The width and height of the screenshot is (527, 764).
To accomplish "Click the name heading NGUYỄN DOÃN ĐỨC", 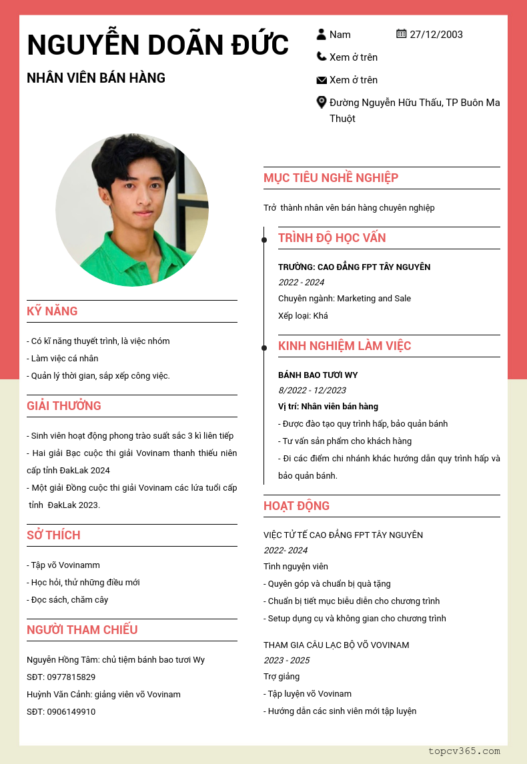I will click(x=158, y=45).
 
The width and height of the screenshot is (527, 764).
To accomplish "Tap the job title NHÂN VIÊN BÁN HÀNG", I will click(x=96, y=78).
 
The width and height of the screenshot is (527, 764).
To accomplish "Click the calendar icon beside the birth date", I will click(x=401, y=33).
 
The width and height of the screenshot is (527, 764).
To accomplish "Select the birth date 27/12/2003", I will click(x=436, y=35).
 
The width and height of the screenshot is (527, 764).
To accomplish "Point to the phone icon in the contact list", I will click(x=322, y=57).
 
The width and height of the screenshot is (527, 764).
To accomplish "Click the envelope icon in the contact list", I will click(x=322, y=80).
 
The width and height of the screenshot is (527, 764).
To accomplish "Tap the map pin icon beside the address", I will click(x=322, y=102).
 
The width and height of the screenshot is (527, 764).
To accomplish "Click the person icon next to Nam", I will click(x=322, y=34).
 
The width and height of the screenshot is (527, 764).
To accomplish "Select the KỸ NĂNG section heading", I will click(x=52, y=311).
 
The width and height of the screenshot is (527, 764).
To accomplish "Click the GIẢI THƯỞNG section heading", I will click(x=64, y=406).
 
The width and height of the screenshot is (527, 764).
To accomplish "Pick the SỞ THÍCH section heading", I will click(x=53, y=535).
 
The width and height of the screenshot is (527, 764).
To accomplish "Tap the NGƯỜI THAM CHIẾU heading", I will click(x=82, y=630).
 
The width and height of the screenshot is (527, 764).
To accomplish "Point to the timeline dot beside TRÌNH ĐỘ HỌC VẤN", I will click(x=264, y=239).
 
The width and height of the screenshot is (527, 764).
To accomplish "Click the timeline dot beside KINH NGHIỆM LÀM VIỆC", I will click(x=264, y=347).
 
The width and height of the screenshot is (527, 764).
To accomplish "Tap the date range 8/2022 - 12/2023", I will click(x=312, y=391).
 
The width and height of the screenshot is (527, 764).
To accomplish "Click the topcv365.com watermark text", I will click(x=464, y=751).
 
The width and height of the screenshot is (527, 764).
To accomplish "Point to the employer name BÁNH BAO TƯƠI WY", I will click(x=318, y=375).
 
